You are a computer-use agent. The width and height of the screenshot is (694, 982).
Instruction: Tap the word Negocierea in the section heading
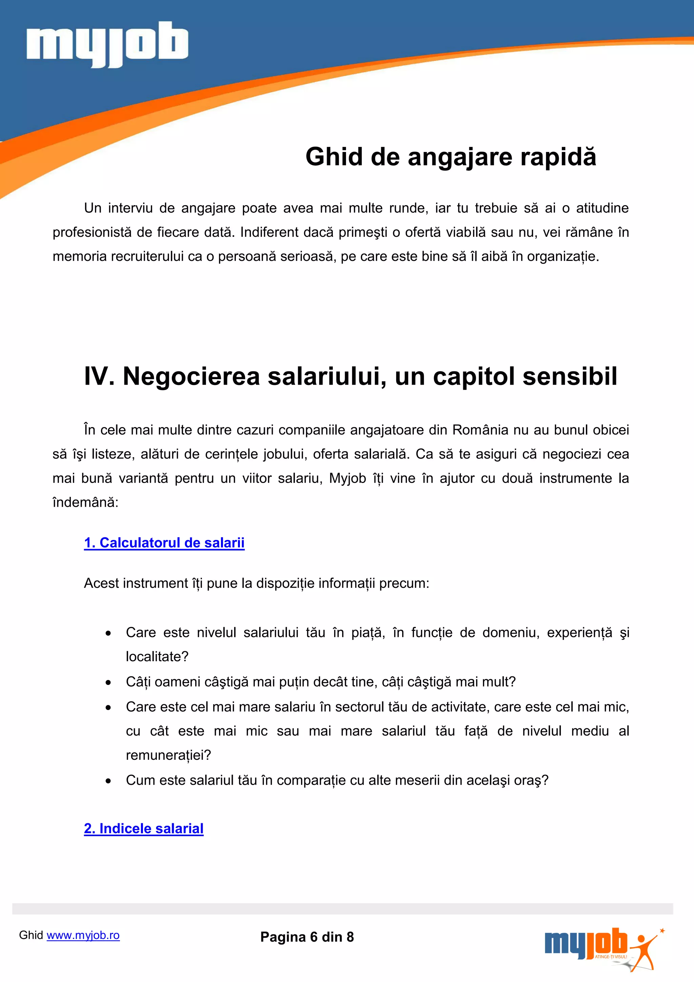click(191, 377)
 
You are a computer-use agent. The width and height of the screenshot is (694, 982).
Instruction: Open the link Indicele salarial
click(144, 828)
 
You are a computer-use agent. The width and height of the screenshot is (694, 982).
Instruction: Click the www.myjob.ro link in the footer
click(83, 936)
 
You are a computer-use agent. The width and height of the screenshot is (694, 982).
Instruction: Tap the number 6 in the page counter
click(314, 937)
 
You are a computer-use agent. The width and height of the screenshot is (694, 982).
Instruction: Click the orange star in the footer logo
click(662, 930)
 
